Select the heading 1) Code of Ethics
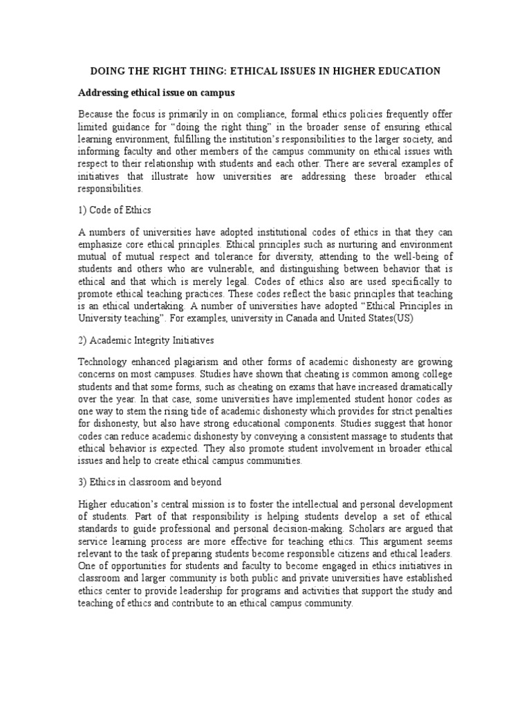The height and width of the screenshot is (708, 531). point(114,210)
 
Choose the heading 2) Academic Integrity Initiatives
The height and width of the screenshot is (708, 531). point(146,340)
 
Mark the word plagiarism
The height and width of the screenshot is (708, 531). point(207,362)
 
